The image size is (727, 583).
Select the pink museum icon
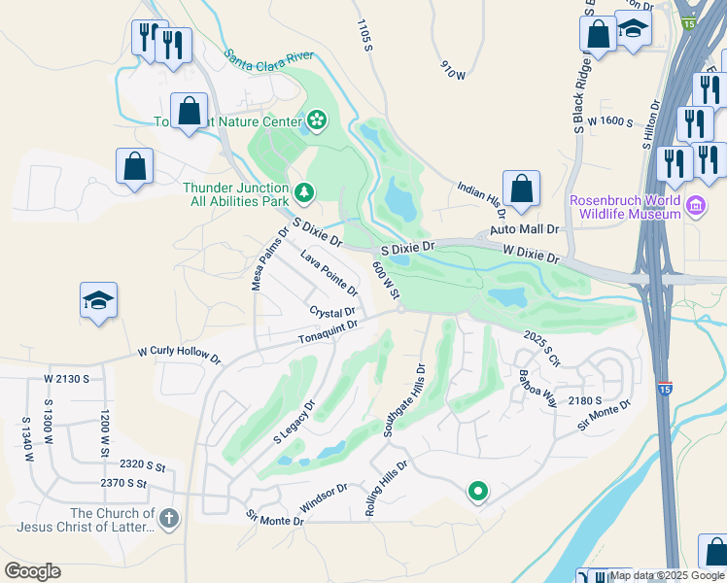pyautogui.click(x=695, y=205)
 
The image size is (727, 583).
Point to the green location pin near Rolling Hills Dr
pyautogui.click(x=477, y=493)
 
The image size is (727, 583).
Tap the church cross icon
pyautogui.click(x=169, y=519)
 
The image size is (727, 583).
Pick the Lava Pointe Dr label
pyautogui.click(x=329, y=273)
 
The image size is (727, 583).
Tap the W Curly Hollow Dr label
pyautogui.click(x=179, y=353)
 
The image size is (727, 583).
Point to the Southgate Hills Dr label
pyautogui.click(x=404, y=399)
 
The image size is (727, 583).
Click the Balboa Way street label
pyautogui.click(x=537, y=388)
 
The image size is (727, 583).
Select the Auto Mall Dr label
pyautogui.click(x=525, y=229)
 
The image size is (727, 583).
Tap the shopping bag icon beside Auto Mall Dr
pyautogui.click(x=521, y=189)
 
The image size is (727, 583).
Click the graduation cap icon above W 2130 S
pyautogui.click(x=99, y=301)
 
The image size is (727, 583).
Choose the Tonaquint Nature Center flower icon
pyautogui.click(x=316, y=120)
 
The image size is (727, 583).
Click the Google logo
pyautogui.click(x=32, y=571)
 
